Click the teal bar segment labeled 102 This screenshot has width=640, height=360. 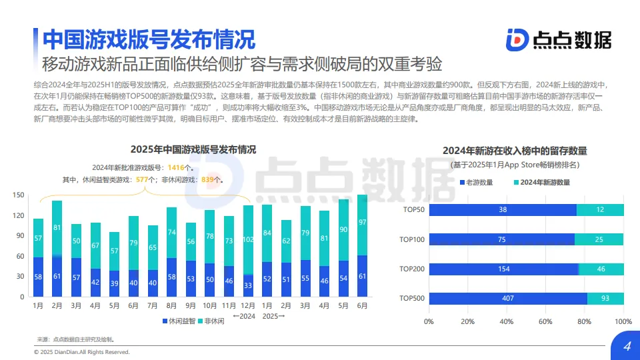coord(248,239)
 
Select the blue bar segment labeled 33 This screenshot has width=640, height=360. coord(248,285)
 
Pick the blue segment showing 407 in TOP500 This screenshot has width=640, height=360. coord(508,299)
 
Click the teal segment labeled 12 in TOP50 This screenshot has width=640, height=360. coord(600,210)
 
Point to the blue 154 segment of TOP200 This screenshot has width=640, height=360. coord(503,269)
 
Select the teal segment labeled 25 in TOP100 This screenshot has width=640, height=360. coord(599,239)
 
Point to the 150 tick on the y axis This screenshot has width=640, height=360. coord(19,195)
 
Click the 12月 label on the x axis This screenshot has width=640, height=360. coord(248,305)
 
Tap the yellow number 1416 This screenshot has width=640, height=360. coord(176,167)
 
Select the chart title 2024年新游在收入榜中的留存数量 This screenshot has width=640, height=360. coord(519,151)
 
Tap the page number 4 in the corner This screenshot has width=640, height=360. coord(626,347)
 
